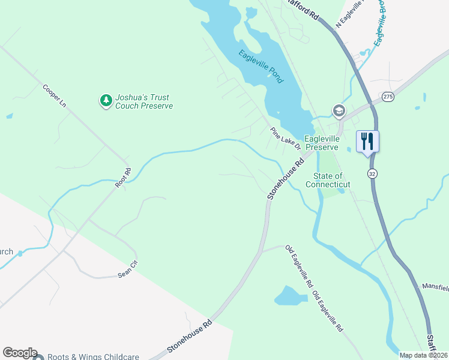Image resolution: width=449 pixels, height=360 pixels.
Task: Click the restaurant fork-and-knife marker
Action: (367, 142)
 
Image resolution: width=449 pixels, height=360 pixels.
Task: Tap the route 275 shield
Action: (388, 97)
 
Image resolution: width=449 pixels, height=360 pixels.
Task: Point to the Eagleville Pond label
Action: (261, 65)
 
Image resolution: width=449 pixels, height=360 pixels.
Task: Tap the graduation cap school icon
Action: (339, 111)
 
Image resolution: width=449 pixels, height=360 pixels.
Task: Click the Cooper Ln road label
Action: (54, 95)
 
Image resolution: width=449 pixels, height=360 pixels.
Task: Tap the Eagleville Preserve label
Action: (322, 143)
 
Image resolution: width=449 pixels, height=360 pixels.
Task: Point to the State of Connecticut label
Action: (328, 180)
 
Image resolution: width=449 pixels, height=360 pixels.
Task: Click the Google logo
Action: (20, 353)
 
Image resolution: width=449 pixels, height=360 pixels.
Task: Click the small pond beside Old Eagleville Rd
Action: (290, 295)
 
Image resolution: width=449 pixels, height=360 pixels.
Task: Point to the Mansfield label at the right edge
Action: (435, 287)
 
